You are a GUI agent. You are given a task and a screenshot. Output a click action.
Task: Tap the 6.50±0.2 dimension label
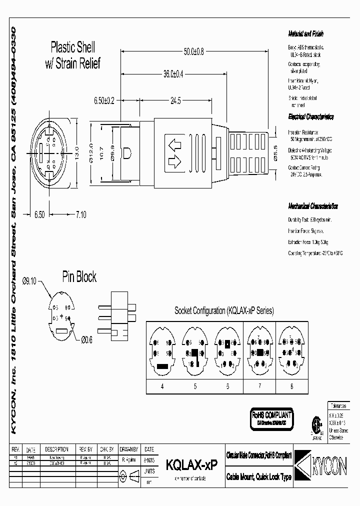coord(104,100)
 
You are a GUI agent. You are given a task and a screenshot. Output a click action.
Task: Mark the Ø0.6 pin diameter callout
coord(88,340)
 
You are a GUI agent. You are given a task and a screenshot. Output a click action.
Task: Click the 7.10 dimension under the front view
coord(80,214)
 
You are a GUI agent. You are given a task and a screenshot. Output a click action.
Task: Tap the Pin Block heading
coord(79,277)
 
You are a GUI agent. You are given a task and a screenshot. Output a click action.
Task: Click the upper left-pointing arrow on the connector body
coord(175,145)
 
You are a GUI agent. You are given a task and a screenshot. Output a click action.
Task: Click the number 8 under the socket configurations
coord(292,386)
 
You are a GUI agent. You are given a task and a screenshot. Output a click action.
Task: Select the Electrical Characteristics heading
coord(310,117)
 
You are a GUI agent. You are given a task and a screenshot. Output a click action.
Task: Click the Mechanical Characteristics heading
coord(312,206)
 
